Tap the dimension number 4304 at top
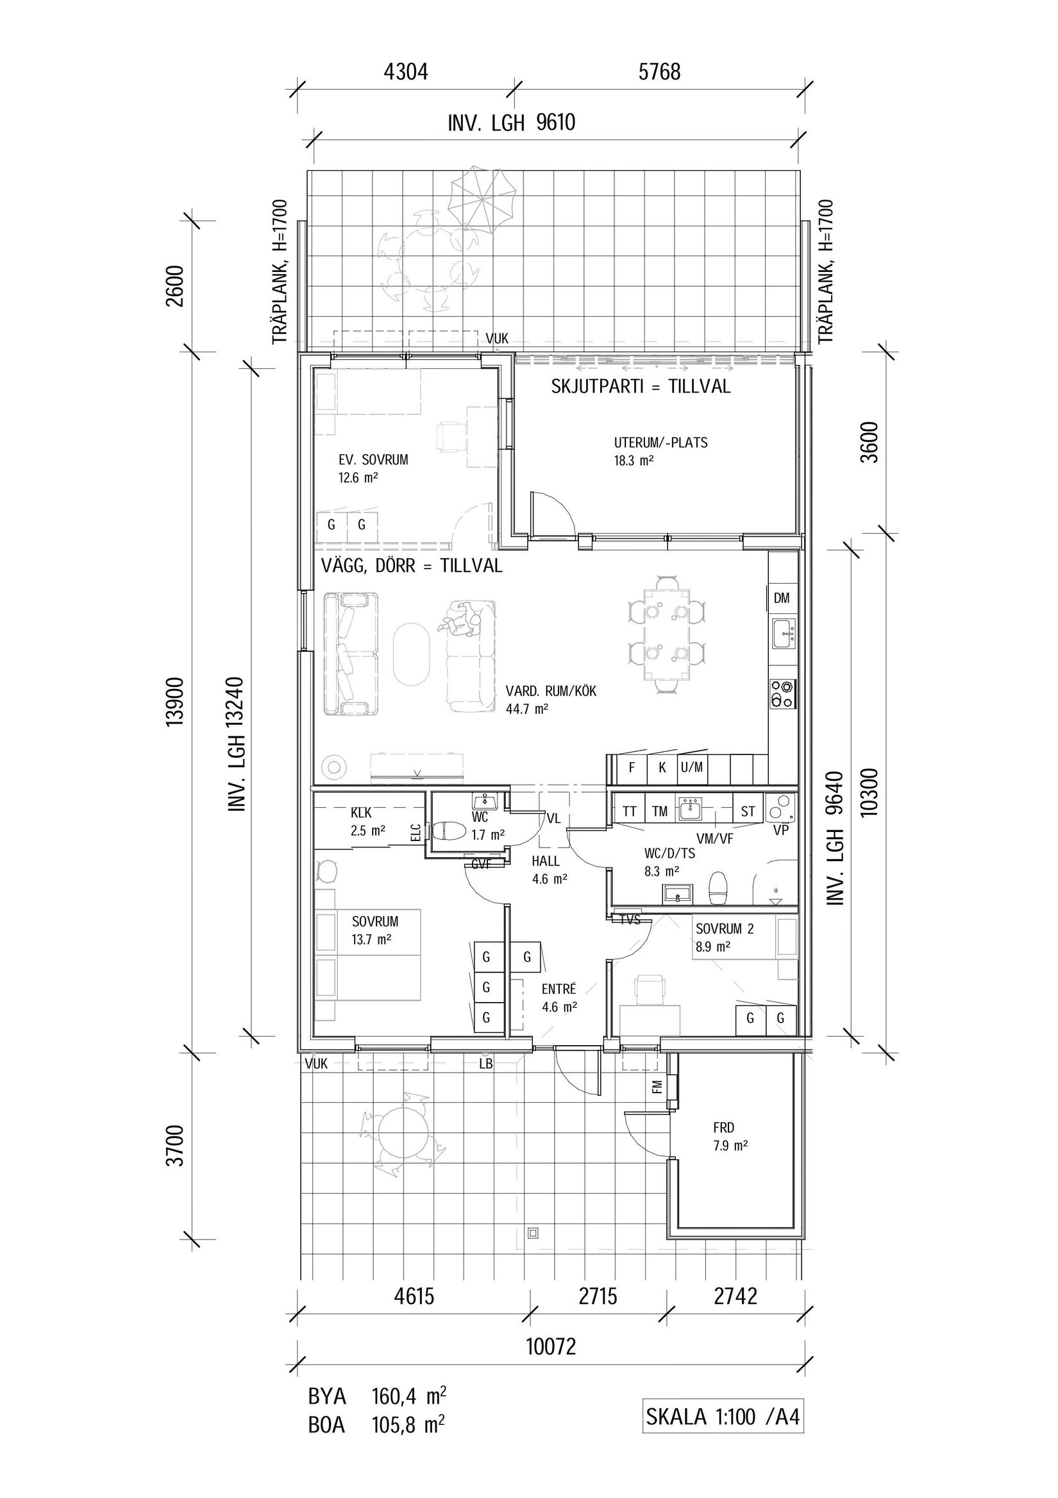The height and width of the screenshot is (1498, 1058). tap(406, 71)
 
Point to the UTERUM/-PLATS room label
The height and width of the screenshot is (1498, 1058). tap(660, 443)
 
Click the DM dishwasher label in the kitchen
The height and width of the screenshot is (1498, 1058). tap(782, 598)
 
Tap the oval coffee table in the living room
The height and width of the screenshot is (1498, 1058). tap(411, 654)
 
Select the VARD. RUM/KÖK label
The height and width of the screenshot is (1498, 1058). tap(551, 691)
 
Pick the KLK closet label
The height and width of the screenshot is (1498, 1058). tap(361, 813)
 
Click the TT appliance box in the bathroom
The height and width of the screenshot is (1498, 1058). tap(630, 812)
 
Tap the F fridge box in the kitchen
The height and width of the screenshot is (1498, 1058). tap(632, 768)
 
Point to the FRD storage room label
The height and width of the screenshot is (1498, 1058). tap(723, 1127)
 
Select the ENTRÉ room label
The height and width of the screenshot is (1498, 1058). tap(559, 989)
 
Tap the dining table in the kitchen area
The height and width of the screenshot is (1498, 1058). tap(667, 633)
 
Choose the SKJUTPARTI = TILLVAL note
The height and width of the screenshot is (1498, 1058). tap(641, 387)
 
